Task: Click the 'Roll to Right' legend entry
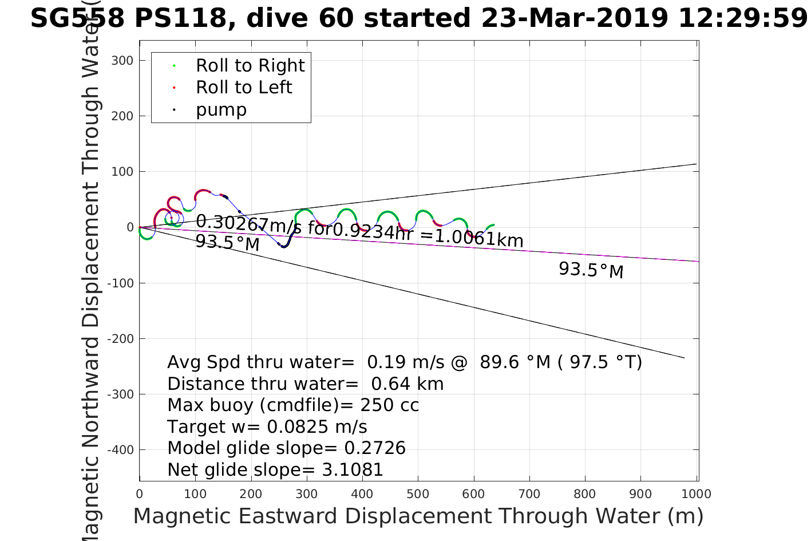250,66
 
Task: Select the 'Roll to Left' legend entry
244,88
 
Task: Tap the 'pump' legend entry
221,109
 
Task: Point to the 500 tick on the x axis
418,493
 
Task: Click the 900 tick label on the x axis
640,493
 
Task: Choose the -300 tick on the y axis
122,394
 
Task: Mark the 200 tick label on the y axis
122,116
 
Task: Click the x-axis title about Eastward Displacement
418,516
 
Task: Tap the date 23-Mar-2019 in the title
574,18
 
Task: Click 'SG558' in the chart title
77,18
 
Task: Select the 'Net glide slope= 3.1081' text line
275,469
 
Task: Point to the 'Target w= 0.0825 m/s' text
267,427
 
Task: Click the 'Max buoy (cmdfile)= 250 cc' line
292,405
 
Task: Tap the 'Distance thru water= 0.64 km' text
305,384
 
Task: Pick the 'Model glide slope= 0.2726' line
286,448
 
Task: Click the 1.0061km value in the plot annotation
479,239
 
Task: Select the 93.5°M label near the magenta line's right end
591,270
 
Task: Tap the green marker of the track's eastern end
492,226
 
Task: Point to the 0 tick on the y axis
130,227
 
